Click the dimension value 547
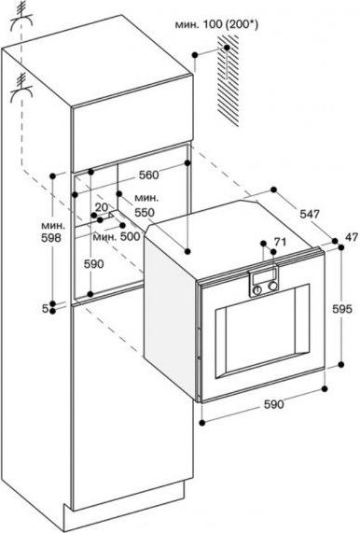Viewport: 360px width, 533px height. (x=310, y=214)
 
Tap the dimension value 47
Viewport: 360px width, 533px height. (x=352, y=237)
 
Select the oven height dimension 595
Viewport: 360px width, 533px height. (x=341, y=309)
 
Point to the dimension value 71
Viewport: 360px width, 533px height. (x=280, y=242)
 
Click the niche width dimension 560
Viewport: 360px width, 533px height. (x=148, y=175)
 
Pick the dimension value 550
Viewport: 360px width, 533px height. (x=145, y=213)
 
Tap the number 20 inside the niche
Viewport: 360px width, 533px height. (x=102, y=207)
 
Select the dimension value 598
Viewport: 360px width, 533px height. (x=51, y=238)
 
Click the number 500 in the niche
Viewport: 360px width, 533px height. (x=130, y=236)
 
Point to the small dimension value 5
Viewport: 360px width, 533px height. (x=45, y=308)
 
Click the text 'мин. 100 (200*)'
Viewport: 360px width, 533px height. (x=216, y=25)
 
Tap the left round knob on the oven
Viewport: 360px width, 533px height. (x=258, y=290)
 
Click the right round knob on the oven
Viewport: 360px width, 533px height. (x=272, y=287)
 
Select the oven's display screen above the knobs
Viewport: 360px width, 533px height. (x=264, y=278)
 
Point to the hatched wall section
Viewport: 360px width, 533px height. (x=228, y=81)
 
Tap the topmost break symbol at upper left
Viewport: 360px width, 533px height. (x=21, y=18)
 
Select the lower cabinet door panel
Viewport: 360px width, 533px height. (x=132, y=403)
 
